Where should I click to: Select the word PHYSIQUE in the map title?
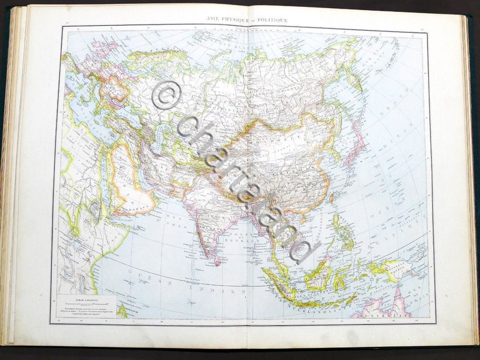pos(237,20)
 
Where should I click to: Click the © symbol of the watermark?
pos(166,94)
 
